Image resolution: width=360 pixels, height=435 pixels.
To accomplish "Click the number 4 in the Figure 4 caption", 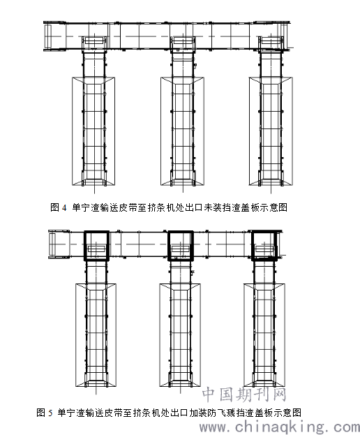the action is [64, 207].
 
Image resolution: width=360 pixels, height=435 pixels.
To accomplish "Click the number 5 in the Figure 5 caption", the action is [50, 413].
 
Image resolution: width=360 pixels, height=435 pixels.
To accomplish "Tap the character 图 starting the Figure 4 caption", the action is [55, 207].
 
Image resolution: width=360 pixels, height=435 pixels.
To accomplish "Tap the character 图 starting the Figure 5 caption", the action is [40, 413].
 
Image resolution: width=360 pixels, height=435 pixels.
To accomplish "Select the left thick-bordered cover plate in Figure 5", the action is [84, 246].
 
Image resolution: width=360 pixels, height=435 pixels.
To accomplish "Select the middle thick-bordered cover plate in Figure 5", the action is [168, 246].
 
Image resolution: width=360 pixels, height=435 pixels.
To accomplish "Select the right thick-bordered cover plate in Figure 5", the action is [252, 246].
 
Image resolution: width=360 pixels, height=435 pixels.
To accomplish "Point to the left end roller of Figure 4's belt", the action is [48, 36].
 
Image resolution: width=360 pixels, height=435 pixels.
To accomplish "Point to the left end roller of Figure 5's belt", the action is [52, 244].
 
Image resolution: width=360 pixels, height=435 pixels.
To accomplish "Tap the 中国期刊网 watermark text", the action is [244, 395].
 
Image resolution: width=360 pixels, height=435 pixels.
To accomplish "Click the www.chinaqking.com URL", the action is [279, 427].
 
